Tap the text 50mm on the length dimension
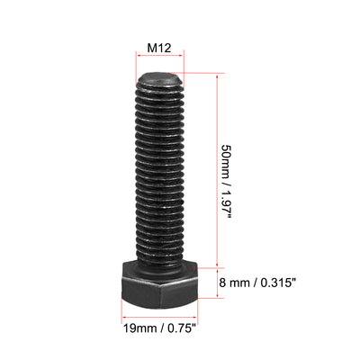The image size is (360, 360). [229, 157]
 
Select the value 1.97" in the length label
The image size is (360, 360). [229, 205]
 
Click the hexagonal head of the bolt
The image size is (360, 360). [159, 287]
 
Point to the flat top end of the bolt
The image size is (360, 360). [160, 80]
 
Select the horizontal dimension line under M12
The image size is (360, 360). [159, 77]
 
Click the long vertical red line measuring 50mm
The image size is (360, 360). [217, 171]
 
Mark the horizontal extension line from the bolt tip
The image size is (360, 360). [200, 74]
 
